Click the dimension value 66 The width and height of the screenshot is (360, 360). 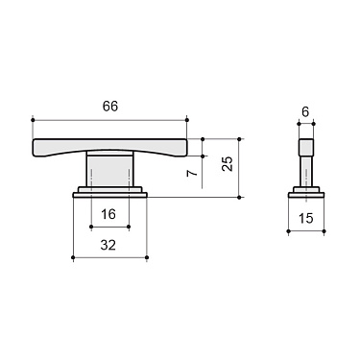pos(109,107)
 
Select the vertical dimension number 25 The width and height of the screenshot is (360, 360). pos(227,163)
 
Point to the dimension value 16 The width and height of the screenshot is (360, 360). pos(108,213)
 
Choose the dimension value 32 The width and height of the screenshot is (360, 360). pos(108,245)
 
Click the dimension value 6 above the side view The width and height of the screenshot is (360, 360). pos(305,111)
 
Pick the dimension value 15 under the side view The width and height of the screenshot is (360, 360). pos(306,219)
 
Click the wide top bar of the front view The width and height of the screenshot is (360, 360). pos(109,146)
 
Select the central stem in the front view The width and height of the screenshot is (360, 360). pos(109,170)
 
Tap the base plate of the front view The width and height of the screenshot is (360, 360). pos(109,192)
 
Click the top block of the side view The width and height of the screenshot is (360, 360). pos(306,149)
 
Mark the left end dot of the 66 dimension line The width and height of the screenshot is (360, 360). pos(33,119)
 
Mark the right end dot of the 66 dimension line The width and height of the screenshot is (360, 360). pos(187,119)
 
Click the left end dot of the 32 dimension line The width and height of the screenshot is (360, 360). pos(73,258)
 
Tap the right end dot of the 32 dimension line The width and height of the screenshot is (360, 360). pos(147,258)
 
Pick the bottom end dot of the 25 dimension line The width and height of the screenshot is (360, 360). pos(240,197)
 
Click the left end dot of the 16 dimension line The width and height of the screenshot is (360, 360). pos(90,228)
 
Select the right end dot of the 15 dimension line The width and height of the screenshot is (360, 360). pos(324,232)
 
